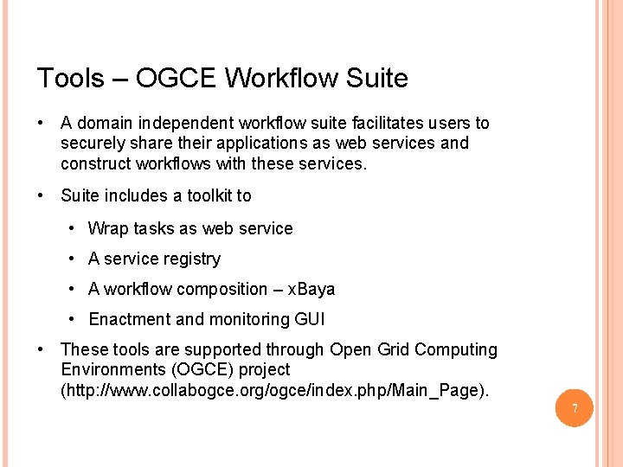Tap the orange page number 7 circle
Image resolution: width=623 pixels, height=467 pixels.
tap(574, 407)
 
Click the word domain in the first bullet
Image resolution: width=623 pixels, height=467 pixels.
tap(107, 124)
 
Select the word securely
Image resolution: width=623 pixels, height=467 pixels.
tap(93, 144)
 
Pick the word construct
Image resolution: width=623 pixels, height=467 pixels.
tap(95, 163)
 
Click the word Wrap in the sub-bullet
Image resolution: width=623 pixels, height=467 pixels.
tap(107, 229)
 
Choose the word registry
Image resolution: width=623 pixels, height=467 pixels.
tap(192, 259)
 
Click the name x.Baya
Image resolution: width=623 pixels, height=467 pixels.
tap(311, 290)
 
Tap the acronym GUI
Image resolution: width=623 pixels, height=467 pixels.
tap(310, 320)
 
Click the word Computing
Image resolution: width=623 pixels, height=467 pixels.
tap(456, 350)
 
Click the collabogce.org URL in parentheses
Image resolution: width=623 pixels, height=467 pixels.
tap(274, 391)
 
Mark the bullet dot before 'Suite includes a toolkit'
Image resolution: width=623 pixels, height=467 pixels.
tap(42, 196)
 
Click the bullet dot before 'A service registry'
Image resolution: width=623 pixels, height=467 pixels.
tap(69, 259)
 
